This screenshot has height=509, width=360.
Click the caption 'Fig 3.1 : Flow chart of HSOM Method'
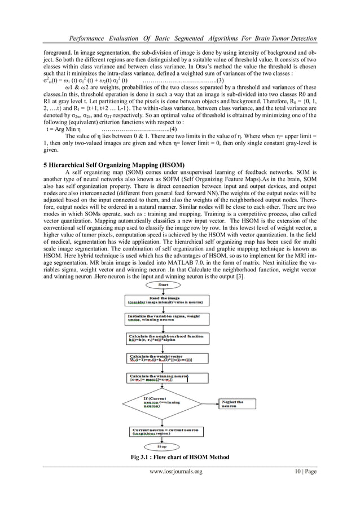pos(179,457)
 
